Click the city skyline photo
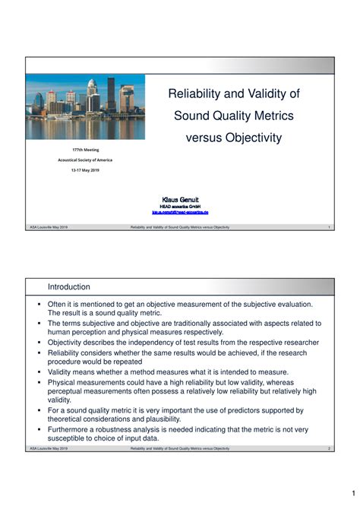click(x=84, y=106)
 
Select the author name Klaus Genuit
click(x=180, y=199)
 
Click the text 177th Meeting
click(x=85, y=150)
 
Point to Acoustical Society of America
click(x=85, y=160)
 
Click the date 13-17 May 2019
click(x=85, y=170)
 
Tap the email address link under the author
click(x=180, y=212)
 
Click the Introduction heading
click(x=69, y=287)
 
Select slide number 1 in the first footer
click(x=329, y=227)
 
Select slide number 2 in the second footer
click(x=329, y=449)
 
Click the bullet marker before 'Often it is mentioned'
click(x=39, y=305)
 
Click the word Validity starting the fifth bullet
click(x=62, y=372)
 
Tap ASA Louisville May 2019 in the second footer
click(x=49, y=449)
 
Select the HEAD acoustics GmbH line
click(x=180, y=206)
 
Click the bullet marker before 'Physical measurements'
click(x=39, y=382)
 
